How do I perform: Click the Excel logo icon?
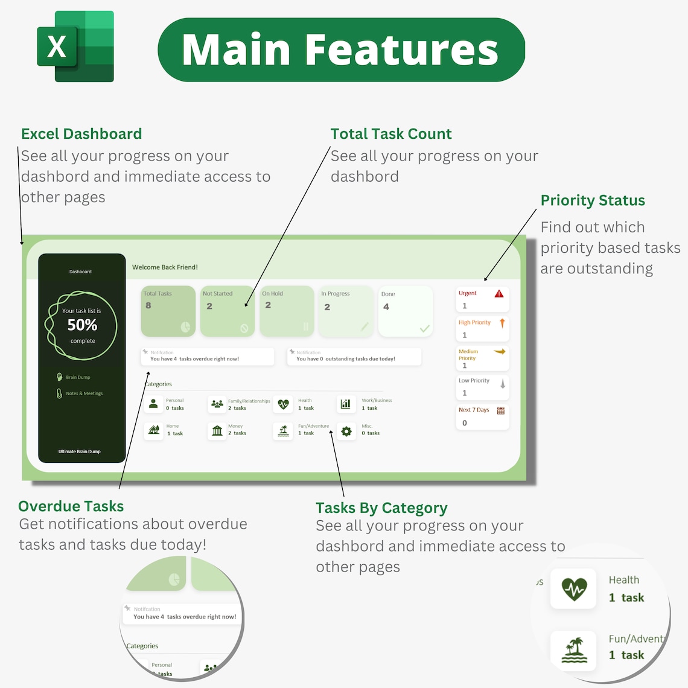pyautogui.click(x=75, y=46)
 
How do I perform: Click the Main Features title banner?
pyautogui.click(x=341, y=49)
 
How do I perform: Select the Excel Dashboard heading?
pyautogui.click(x=81, y=134)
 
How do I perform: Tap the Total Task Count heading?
pyautogui.click(x=391, y=134)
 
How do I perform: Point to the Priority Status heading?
pyautogui.click(x=593, y=200)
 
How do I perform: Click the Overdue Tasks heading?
pyautogui.click(x=71, y=506)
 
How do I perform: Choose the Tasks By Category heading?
pyautogui.click(x=381, y=508)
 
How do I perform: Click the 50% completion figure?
pyautogui.click(x=82, y=325)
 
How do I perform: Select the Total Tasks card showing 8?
pyautogui.click(x=168, y=311)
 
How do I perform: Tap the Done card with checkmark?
pyautogui.click(x=405, y=311)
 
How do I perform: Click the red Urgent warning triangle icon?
pyautogui.click(x=499, y=294)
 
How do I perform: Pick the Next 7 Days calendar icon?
pyautogui.click(x=500, y=410)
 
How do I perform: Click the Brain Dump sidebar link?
pyautogui.click(x=77, y=377)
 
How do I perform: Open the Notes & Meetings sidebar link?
pyautogui.click(x=83, y=393)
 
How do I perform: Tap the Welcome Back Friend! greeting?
pyautogui.click(x=165, y=267)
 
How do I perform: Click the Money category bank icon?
pyautogui.click(x=217, y=430)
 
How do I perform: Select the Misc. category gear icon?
pyautogui.click(x=346, y=431)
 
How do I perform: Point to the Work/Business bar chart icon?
pyautogui.click(x=346, y=404)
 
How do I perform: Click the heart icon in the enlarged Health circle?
pyautogui.click(x=574, y=588)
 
